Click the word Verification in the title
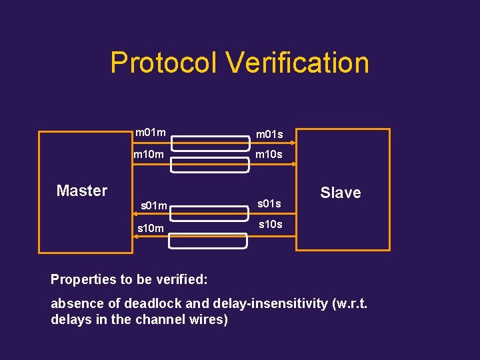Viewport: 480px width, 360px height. (297, 63)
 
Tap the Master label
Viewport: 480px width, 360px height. (81, 191)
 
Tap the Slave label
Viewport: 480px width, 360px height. (340, 193)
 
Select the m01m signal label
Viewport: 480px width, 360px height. (151, 133)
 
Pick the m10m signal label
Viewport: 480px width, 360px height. (149, 155)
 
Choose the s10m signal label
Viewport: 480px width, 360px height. (151, 228)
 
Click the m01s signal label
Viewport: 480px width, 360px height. (269, 135)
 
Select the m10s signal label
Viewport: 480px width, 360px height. (269, 155)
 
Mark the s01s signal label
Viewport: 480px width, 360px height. (269, 203)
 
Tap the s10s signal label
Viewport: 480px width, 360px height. (270, 225)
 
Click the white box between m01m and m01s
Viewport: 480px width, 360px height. (207, 141)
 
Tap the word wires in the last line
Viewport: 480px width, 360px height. (205, 319)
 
